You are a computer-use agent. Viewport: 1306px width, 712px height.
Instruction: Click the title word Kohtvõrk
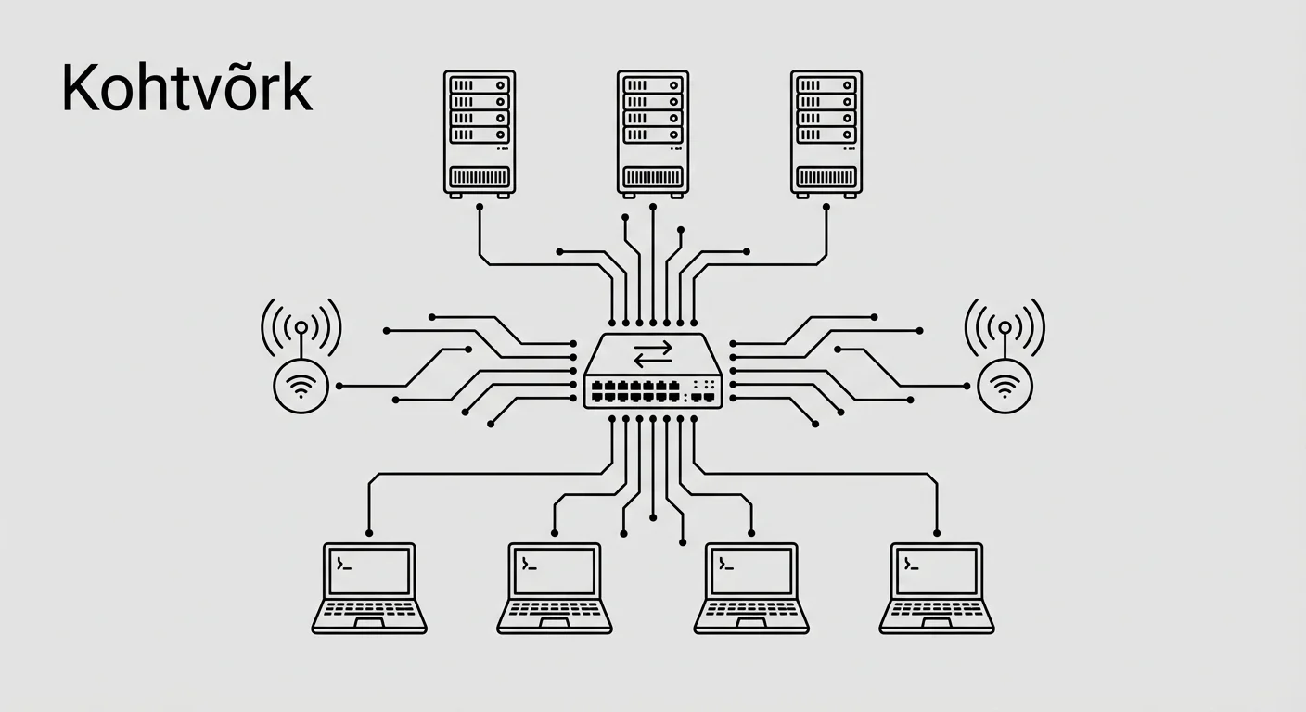(x=186, y=90)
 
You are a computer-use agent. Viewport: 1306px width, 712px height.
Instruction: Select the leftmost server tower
(x=479, y=133)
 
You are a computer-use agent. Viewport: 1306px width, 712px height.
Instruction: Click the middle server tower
(x=653, y=133)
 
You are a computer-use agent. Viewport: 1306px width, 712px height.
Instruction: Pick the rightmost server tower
(x=826, y=133)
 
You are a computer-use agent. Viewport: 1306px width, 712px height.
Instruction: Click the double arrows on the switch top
(x=653, y=352)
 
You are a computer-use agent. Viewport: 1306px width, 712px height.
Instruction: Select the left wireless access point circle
(x=301, y=387)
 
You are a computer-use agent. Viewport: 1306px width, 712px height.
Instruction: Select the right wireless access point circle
(x=1005, y=387)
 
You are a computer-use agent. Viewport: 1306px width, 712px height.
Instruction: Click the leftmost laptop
(x=369, y=589)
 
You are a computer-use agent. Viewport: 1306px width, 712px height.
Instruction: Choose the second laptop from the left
(x=555, y=589)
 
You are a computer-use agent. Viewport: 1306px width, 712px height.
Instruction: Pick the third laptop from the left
(x=751, y=589)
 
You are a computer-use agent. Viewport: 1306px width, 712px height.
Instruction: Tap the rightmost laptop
(x=937, y=589)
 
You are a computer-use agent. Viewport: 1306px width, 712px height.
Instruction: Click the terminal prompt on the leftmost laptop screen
(x=344, y=563)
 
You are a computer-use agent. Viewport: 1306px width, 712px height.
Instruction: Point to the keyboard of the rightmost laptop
(x=937, y=613)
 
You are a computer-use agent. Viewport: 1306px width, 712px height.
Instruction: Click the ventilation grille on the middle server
(x=653, y=176)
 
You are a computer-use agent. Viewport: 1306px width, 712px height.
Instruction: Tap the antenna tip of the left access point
(x=301, y=327)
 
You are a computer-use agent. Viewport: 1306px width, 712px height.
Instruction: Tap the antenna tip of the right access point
(x=1005, y=327)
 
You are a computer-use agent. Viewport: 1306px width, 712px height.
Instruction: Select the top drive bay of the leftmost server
(x=479, y=83)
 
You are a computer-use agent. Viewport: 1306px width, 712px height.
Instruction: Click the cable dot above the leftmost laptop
(x=369, y=533)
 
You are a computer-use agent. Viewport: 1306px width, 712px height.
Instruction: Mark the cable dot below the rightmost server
(x=826, y=208)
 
